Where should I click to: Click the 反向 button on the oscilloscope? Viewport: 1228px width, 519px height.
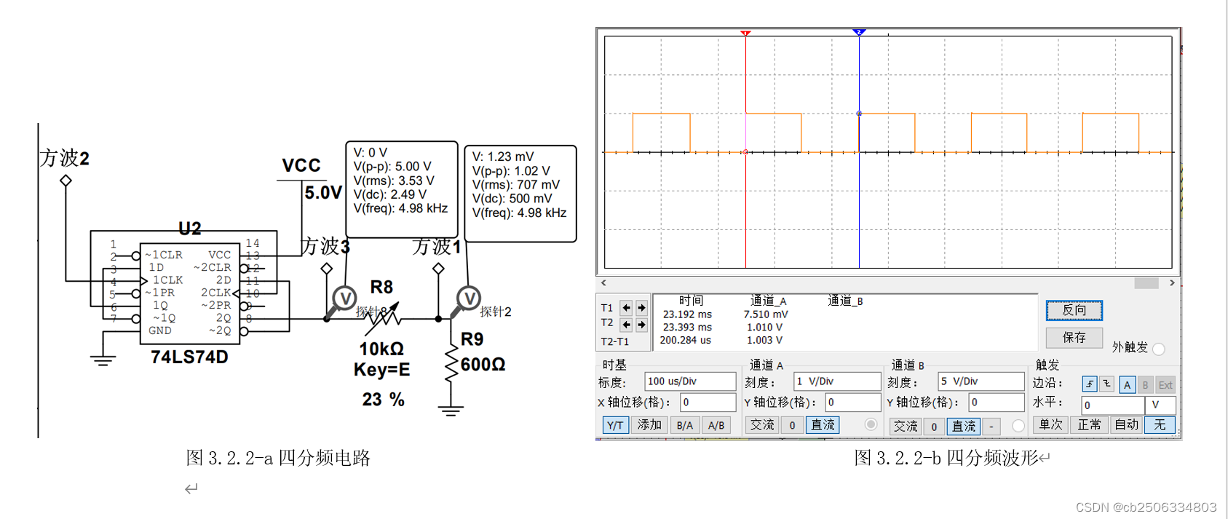point(1074,311)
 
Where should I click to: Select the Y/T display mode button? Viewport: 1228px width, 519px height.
point(615,425)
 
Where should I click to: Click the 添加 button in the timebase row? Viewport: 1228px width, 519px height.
point(649,425)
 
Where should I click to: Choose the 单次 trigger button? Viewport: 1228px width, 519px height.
point(1050,425)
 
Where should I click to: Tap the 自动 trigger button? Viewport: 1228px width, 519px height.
point(1126,425)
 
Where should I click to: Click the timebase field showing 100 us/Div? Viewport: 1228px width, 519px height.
point(689,381)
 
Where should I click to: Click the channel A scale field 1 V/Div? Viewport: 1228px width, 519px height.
point(837,381)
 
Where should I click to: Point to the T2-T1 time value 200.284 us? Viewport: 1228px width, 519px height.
point(685,340)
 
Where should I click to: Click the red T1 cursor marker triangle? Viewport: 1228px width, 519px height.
point(745,33)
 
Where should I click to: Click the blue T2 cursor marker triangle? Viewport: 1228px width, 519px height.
point(859,32)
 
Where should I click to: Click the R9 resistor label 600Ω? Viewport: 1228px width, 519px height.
point(483,365)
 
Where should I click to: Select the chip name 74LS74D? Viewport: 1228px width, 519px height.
point(189,357)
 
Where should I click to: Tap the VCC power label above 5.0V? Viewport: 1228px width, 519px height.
point(301,166)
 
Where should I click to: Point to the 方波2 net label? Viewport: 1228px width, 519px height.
point(65,159)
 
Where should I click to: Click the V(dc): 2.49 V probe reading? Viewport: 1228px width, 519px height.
point(390,194)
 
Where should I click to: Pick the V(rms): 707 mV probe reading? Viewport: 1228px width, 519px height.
point(515,185)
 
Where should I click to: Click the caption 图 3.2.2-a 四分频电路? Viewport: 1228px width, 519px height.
point(278,458)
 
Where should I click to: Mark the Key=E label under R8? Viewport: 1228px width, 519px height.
point(381,370)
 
